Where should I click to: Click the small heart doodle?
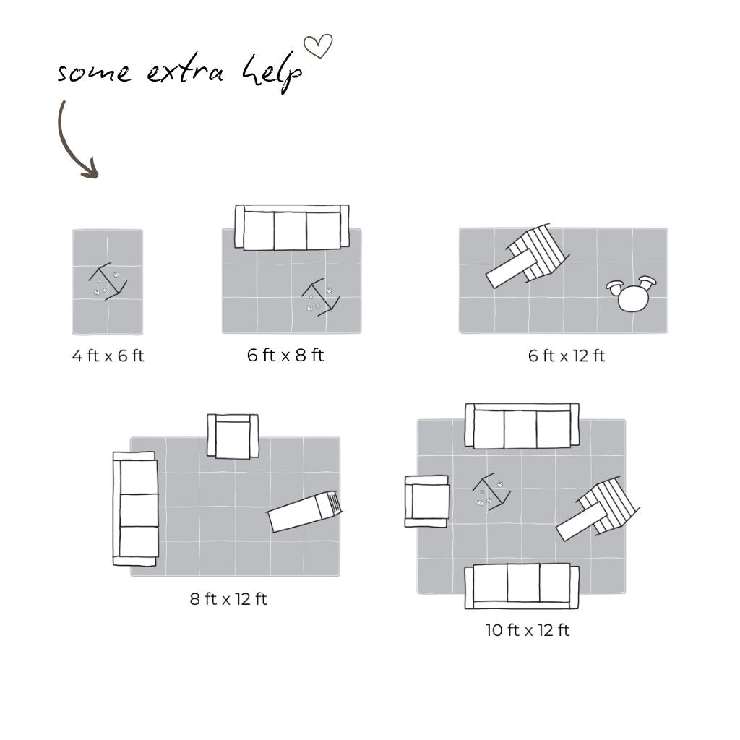click(318, 46)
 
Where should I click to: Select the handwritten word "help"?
click(272, 74)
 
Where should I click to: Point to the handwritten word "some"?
click(94, 73)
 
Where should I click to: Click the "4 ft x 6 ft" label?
click(108, 356)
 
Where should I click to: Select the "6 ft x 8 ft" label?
click(285, 355)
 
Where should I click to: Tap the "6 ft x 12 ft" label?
click(567, 356)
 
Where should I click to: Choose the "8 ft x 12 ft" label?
click(228, 599)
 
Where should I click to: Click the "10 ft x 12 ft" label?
click(528, 630)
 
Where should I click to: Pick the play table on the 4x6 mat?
click(108, 282)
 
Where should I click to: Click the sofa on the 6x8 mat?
click(292, 227)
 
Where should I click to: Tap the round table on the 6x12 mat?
click(632, 294)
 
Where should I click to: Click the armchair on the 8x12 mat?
click(233, 436)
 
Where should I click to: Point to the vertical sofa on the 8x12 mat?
click(135, 509)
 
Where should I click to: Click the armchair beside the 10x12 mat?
click(426, 501)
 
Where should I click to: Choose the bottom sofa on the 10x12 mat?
click(522, 585)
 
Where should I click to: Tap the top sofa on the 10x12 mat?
click(522, 426)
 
